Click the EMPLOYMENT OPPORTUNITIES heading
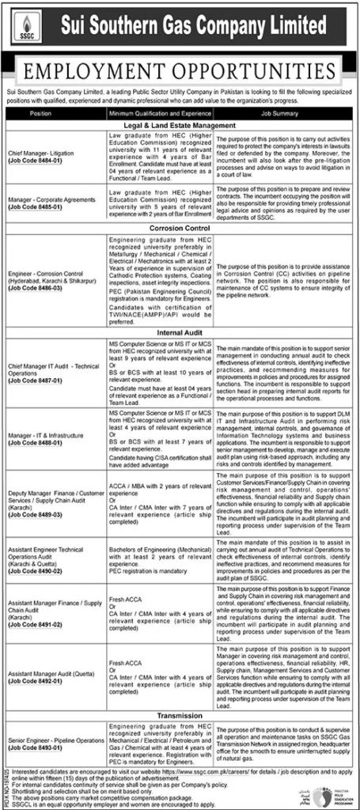pos(180,74)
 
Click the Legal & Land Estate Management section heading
pos(180,126)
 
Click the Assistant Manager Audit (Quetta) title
pos(47,673)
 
